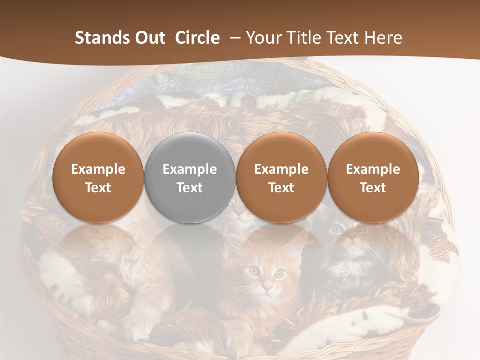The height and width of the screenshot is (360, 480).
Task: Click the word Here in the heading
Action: (x=383, y=38)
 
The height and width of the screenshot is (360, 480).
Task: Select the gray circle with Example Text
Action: (x=190, y=177)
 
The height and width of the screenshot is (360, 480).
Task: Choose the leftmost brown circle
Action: (x=98, y=177)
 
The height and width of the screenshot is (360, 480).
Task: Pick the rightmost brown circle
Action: (x=373, y=177)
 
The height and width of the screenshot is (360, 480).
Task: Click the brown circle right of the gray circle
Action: (x=281, y=177)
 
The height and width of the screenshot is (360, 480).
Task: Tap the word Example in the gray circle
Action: (x=190, y=169)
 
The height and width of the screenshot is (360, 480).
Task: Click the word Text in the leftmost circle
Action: (x=98, y=188)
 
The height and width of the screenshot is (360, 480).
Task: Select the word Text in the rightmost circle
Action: (x=373, y=188)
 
